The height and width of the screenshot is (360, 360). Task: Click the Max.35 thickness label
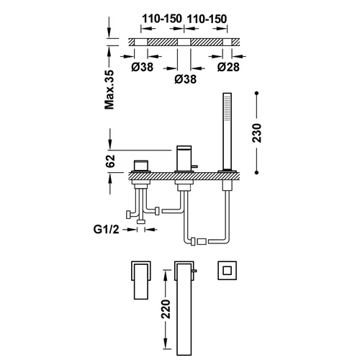point(109,89)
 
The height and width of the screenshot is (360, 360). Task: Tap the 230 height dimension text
point(256,133)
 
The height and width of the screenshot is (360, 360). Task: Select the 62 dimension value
point(110,161)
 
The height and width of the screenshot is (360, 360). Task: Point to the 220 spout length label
point(166,309)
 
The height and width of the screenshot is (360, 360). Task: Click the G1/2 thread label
point(106,230)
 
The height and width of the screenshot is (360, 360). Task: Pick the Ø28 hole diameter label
point(228,67)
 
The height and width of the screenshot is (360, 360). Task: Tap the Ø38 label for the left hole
point(143,67)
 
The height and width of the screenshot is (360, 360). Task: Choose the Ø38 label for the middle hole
point(186,79)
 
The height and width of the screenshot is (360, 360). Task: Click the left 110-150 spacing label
point(162,19)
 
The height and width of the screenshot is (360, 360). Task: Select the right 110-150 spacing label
point(207,19)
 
